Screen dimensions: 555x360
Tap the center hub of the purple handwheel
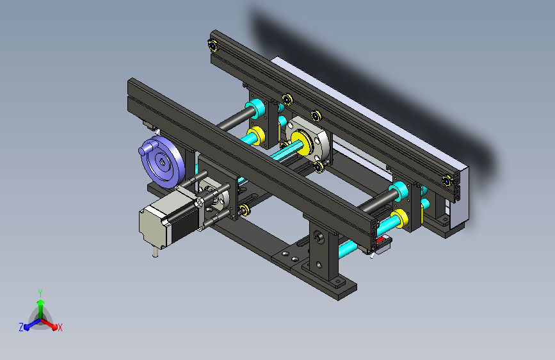tap(162, 163)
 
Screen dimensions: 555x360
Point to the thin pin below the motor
tap(155, 252)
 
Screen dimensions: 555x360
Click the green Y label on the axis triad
tap(40, 293)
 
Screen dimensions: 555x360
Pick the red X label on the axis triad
tap(60, 328)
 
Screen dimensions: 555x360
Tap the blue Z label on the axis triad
tap(21, 327)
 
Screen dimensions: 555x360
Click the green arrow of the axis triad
tap(41, 309)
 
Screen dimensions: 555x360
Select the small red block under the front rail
tap(380, 241)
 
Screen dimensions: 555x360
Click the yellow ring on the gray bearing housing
tap(302, 142)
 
